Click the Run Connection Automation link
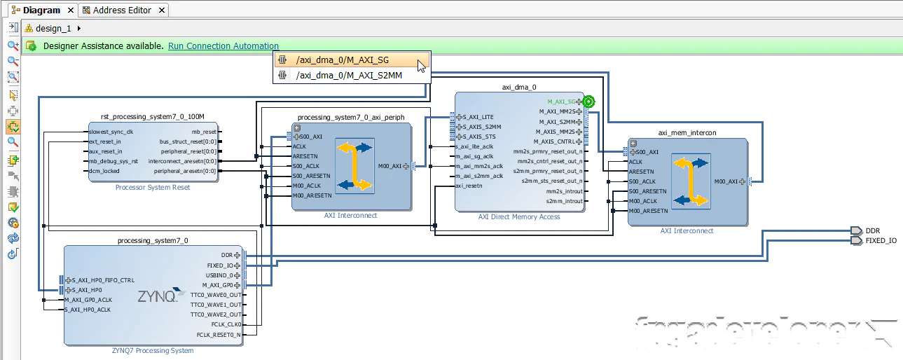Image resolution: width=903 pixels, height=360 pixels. click(223, 46)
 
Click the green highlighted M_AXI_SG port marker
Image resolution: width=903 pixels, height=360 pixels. click(588, 102)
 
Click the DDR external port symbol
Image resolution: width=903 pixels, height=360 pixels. click(855, 230)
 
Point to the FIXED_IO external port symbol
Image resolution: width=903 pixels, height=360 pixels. click(855, 241)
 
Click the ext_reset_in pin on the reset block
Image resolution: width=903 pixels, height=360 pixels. click(106, 141)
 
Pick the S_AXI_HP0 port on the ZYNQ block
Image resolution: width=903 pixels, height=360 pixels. click(87, 290)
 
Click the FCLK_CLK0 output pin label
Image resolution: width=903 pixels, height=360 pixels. click(226, 325)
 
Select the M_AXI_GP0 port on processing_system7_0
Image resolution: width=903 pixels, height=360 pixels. click(219, 285)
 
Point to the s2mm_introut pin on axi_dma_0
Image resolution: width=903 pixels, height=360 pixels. click(564, 201)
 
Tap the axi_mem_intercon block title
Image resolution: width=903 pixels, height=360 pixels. click(687, 132)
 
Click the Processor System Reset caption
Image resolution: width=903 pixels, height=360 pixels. click(153, 187)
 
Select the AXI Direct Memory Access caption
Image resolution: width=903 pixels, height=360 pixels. click(519, 217)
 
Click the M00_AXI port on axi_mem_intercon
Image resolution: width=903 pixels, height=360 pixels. click(729, 181)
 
